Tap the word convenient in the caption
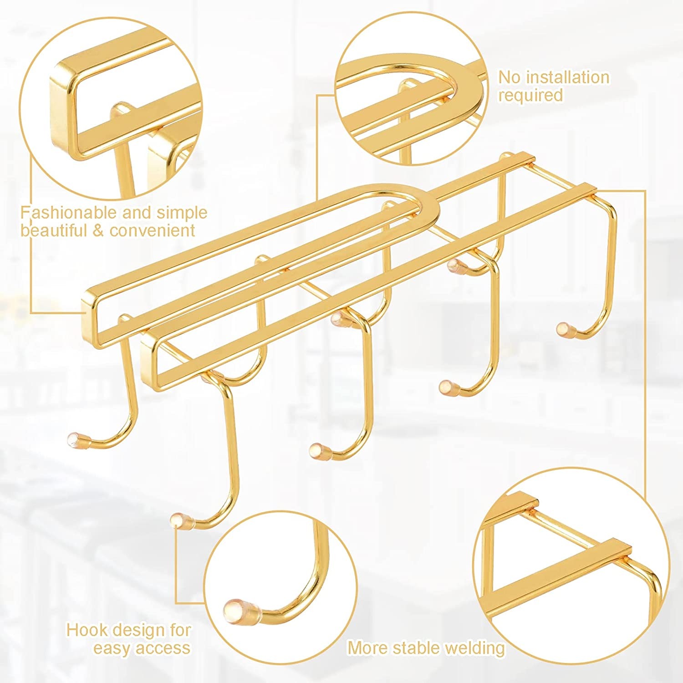click(153, 230)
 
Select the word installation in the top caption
click(567, 77)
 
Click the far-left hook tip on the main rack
click(74, 438)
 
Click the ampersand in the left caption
click(99, 231)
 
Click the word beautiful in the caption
click(55, 230)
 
